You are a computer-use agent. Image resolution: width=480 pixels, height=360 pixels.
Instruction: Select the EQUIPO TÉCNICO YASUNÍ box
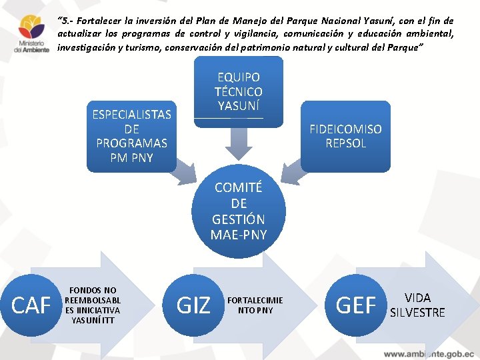[x=238, y=91]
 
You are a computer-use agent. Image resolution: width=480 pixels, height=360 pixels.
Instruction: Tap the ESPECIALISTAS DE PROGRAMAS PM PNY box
[x=132, y=136]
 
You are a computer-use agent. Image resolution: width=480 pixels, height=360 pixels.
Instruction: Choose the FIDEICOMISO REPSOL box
[x=345, y=136]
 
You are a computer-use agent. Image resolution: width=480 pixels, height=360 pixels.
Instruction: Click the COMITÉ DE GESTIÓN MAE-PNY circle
[x=239, y=211]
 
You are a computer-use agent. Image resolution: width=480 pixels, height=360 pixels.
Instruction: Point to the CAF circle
[x=32, y=305]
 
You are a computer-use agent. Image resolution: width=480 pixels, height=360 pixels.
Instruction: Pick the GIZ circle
[x=193, y=305]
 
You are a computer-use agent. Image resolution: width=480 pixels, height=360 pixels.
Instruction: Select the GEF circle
[x=356, y=305]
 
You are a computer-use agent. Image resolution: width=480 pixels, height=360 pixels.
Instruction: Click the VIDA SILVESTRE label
[x=417, y=305]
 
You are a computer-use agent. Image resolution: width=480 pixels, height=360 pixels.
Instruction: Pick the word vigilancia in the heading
[x=247, y=34]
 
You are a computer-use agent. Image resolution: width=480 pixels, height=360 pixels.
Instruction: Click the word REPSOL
[x=345, y=143]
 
